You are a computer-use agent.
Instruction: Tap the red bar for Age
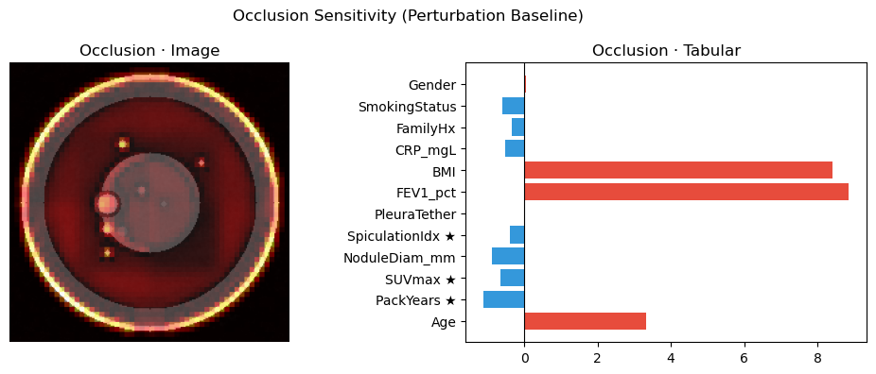pyautogui.click(x=585, y=322)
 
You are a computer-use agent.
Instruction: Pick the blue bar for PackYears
pyautogui.click(x=504, y=300)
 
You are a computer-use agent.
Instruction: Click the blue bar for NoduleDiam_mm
pyautogui.click(x=508, y=256)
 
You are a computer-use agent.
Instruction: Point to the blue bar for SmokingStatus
pyautogui.click(x=514, y=106)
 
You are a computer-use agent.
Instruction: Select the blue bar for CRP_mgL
pyautogui.click(x=515, y=148)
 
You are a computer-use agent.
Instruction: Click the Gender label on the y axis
pyautogui.click(x=432, y=85)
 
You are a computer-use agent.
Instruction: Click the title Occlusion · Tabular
pyautogui.click(x=667, y=51)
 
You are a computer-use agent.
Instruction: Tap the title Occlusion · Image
pyautogui.click(x=149, y=51)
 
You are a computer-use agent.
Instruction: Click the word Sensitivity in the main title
pyautogui.click(x=359, y=16)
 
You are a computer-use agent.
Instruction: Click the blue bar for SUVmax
pyautogui.click(x=513, y=278)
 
